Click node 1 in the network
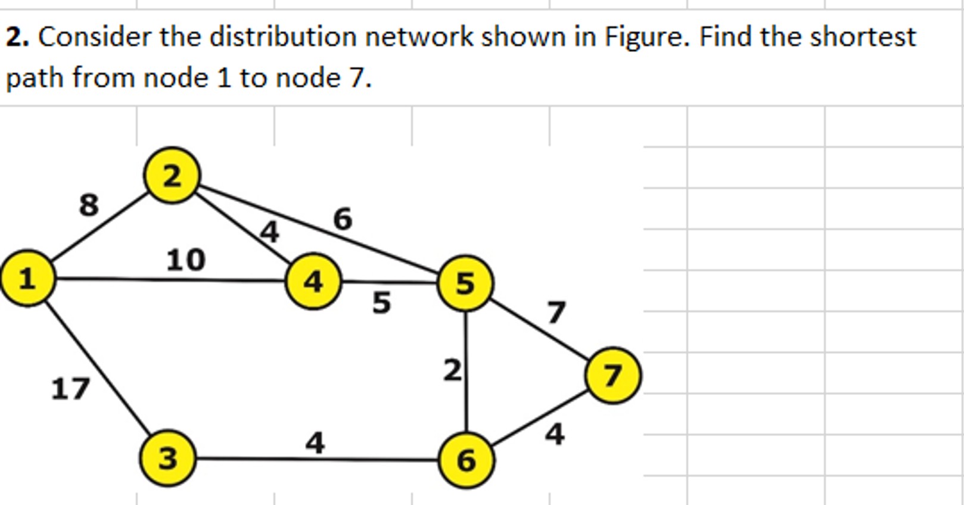[x=27, y=278]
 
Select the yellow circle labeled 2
[x=172, y=176]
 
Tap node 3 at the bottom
[x=167, y=458]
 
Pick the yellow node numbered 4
[x=313, y=281]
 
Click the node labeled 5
[x=465, y=283]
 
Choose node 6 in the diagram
[x=466, y=460]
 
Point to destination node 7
[x=613, y=376]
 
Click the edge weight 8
[x=89, y=205]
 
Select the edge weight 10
[x=186, y=260]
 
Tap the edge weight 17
[x=70, y=389]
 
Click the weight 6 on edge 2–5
[x=343, y=219]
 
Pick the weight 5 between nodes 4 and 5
[x=382, y=303]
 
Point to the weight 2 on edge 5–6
[x=452, y=370]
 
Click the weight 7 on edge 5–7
[x=556, y=312]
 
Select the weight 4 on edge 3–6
[x=315, y=443]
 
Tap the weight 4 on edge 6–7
[x=555, y=434]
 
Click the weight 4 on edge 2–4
[x=270, y=232]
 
